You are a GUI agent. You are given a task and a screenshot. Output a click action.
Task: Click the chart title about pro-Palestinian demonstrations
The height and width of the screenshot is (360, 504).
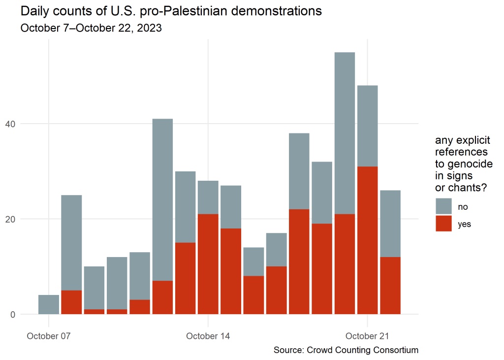click(x=171, y=11)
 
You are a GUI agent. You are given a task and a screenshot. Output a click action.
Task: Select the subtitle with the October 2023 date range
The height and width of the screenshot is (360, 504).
click(x=91, y=28)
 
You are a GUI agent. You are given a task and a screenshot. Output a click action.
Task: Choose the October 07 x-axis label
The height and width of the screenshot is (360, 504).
click(x=49, y=336)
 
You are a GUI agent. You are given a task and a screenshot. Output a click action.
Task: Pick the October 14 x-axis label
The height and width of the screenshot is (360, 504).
click(x=208, y=336)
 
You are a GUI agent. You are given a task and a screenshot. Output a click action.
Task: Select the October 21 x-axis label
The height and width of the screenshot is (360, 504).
click(x=367, y=336)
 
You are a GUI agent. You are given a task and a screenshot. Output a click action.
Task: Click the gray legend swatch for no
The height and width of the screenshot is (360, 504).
click(x=443, y=206)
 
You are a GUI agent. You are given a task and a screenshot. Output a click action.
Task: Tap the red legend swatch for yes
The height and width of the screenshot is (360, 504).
click(x=443, y=223)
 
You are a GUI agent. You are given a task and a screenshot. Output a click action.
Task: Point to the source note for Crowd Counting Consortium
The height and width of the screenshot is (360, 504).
click(x=346, y=350)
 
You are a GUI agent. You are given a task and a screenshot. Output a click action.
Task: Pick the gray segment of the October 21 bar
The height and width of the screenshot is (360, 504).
click(x=367, y=126)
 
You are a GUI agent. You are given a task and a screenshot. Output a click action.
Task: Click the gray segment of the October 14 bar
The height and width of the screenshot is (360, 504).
click(x=208, y=197)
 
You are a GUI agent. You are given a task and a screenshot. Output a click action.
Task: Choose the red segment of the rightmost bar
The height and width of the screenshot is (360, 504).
click(x=390, y=286)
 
